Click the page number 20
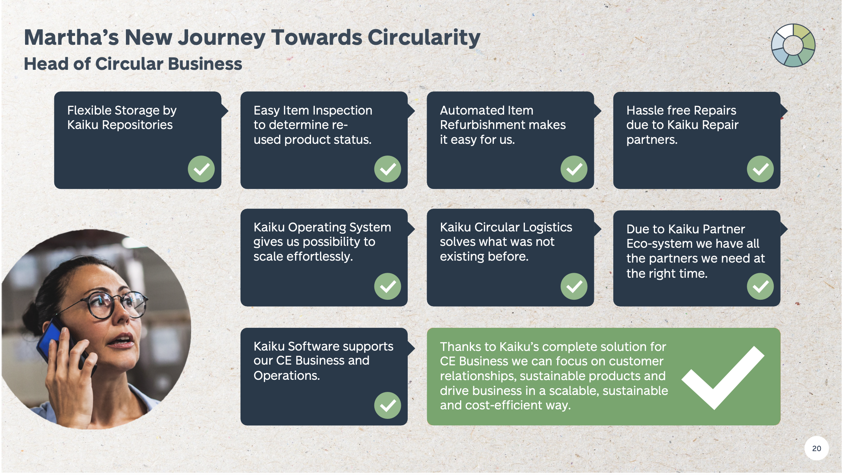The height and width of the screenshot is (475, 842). click(816, 448)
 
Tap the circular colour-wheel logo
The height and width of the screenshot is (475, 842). click(793, 46)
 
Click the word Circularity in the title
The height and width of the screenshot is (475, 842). click(424, 38)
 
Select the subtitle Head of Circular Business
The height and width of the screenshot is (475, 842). click(133, 64)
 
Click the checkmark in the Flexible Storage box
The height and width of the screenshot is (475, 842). click(201, 169)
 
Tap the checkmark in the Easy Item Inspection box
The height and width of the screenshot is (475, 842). click(387, 169)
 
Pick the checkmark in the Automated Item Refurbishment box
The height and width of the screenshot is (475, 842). click(574, 169)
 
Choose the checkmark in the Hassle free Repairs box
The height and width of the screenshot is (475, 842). click(760, 169)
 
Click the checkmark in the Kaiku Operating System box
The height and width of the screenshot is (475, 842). click(387, 286)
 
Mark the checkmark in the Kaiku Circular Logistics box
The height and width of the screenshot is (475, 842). click(574, 286)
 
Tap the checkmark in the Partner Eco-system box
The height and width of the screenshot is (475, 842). click(760, 286)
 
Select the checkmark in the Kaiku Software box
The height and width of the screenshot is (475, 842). click(387, 405)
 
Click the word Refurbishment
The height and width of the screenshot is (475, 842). click(503, 125)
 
